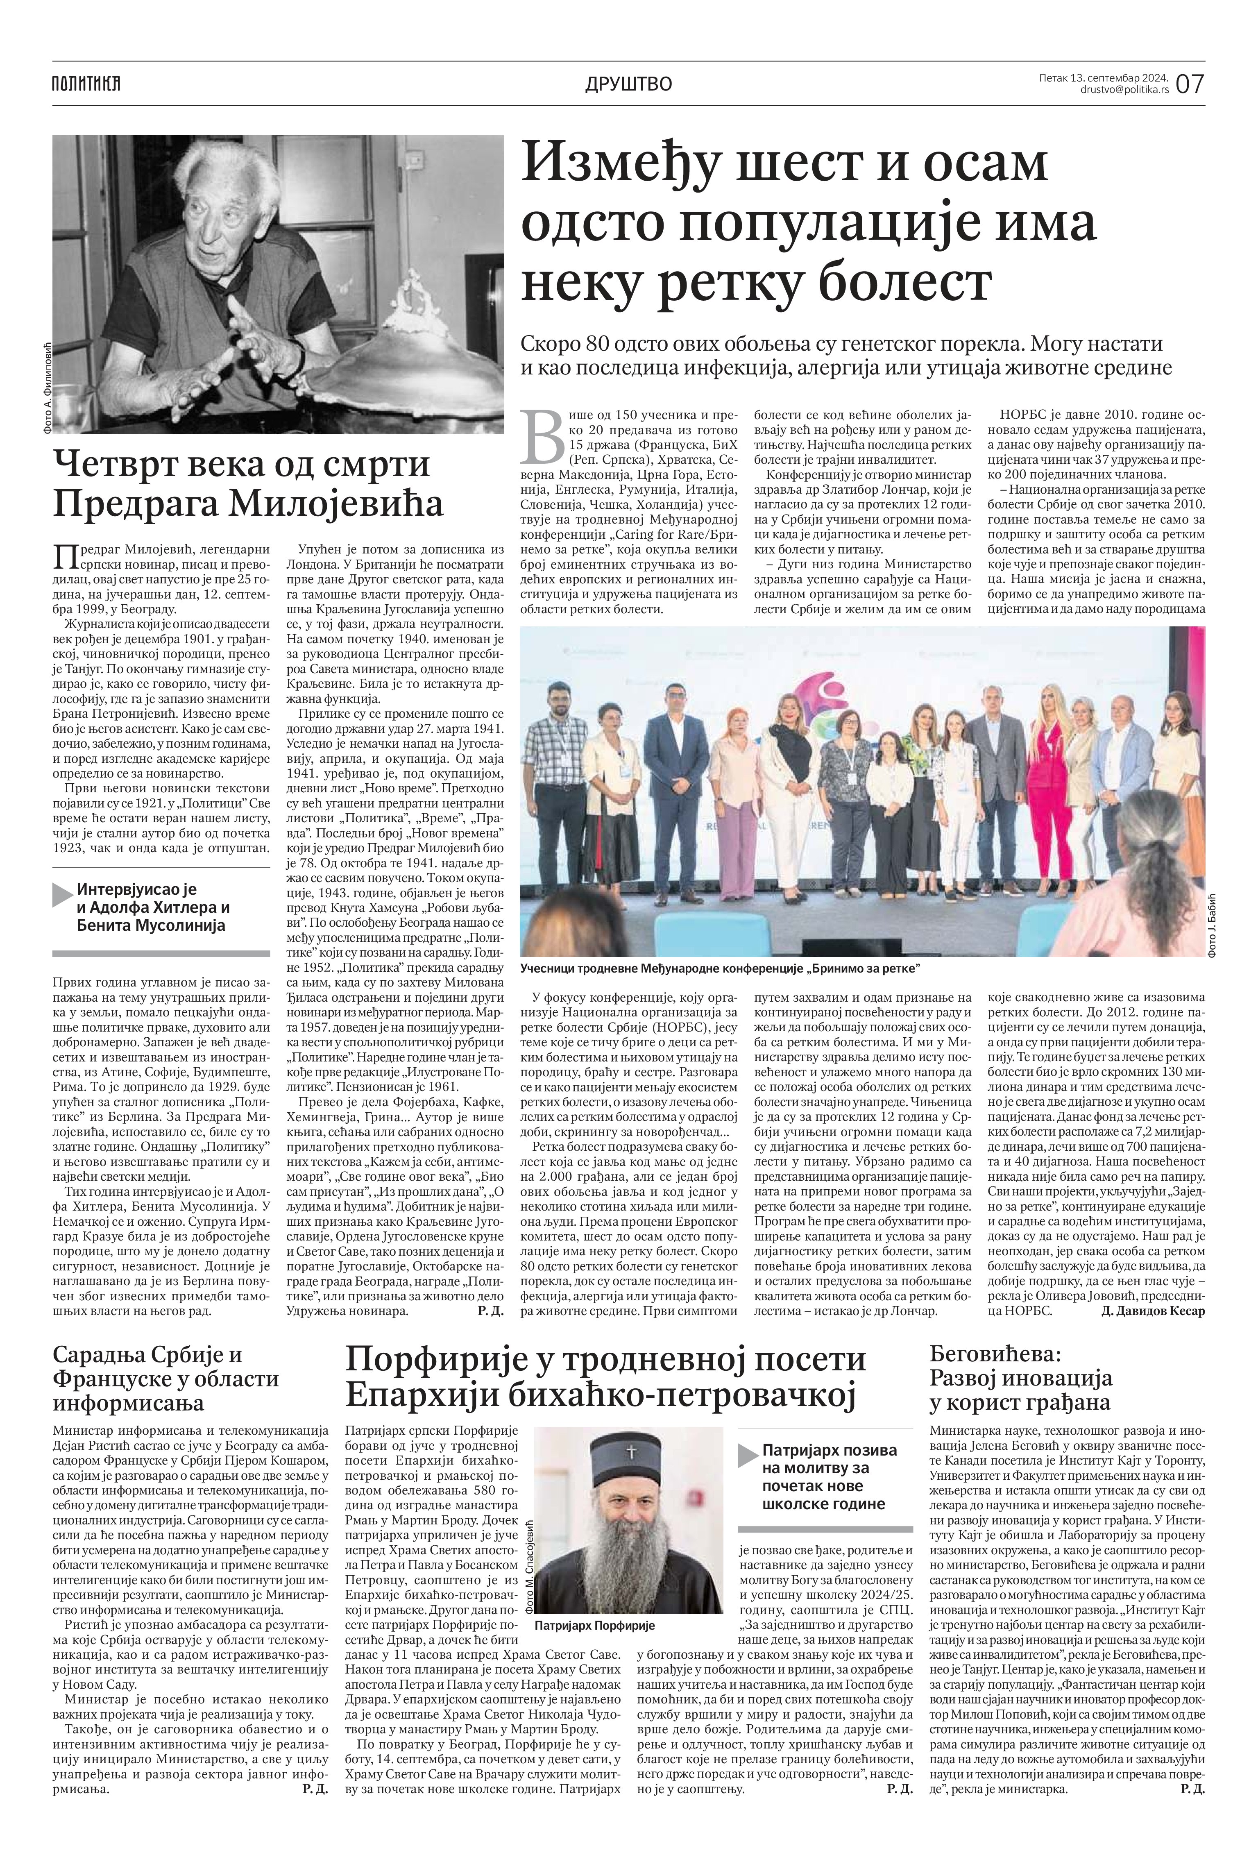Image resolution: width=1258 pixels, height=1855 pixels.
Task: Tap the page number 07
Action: [x=1189, y=83]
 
